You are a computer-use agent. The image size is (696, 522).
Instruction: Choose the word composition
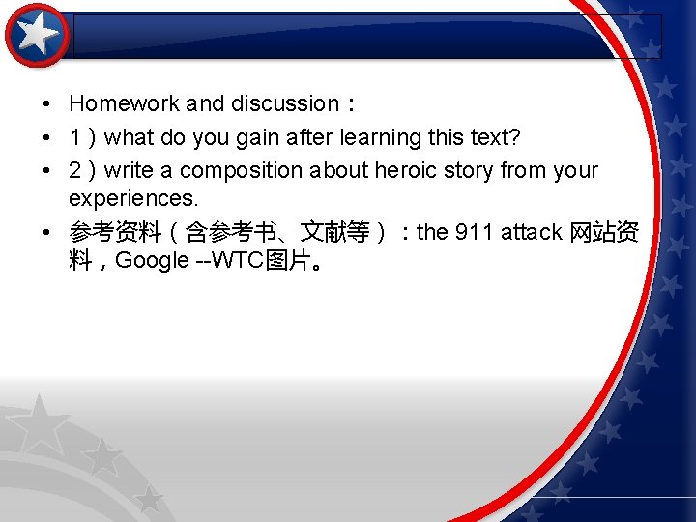point(241,171)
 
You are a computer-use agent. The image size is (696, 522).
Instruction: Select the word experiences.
point(132,199)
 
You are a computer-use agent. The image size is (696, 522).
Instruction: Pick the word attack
point(532,232)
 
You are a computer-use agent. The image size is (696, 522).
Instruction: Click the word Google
point(153,261)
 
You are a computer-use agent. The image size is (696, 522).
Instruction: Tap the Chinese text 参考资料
point(114,232)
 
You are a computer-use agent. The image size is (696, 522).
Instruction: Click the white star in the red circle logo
point(38,35)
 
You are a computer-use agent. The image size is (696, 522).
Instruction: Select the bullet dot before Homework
point(46,103)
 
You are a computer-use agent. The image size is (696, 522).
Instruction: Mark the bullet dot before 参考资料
point(46,232)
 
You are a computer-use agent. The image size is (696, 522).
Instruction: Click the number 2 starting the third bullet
point(75,171)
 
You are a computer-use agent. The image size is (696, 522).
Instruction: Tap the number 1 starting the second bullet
point(75,138)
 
